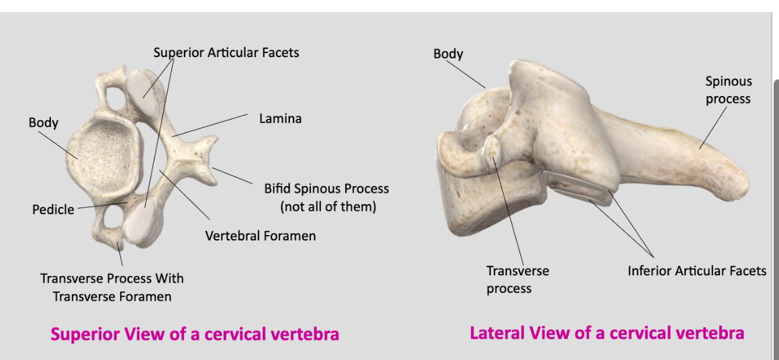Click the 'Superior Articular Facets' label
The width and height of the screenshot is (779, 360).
[226, 52]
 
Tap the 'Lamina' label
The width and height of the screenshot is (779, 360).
[280, 119]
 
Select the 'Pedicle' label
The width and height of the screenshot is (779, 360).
[53, 210]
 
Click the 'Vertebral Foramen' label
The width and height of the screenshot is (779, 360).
[260, 236]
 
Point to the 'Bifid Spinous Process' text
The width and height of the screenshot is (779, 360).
[326, 189]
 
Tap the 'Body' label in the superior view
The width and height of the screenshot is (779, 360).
[43, 123]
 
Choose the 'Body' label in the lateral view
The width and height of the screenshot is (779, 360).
[448, 54]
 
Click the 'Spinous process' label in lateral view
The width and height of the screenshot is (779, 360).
[728, 90]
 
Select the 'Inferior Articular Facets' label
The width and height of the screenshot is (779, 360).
[696, 271]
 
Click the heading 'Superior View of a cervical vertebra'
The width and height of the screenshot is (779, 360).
[195, 334]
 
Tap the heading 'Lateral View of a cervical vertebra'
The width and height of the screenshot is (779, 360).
[606, 333]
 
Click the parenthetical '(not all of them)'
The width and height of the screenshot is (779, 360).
[328, 207]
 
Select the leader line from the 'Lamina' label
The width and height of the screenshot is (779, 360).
[212, 126]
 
